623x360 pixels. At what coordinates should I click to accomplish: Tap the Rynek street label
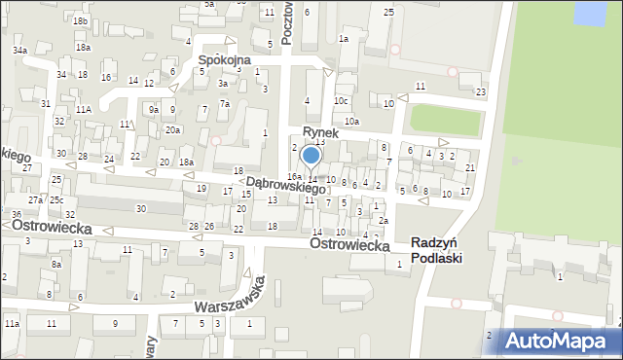click(x=320, y=132)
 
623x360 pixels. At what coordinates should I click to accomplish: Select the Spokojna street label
click(x=224, y=59)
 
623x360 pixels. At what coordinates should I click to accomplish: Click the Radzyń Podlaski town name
click(x=437, y=250)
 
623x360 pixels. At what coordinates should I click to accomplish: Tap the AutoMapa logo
click(x=559, y=342)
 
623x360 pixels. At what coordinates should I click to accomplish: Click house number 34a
click(x=19, y=50)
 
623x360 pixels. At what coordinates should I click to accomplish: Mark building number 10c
click(x=341, y=100)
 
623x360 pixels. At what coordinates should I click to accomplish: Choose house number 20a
click(x=172, y=129)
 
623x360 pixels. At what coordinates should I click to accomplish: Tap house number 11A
click(x=84, y=109)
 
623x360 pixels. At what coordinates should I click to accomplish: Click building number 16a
click(x=293, y=176)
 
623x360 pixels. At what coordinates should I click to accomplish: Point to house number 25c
click(x=56, y=199)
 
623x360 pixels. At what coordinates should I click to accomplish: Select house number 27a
click(x=35, y=199)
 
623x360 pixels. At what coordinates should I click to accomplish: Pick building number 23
click(x=480, y=91)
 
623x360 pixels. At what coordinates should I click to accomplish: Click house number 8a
click(x=56, y=264)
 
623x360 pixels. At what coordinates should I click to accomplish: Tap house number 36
click(x=16, y=214)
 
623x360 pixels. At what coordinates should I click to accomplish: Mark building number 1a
click(x=343, y=38)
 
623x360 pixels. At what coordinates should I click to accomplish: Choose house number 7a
click(x=224, y=104)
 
